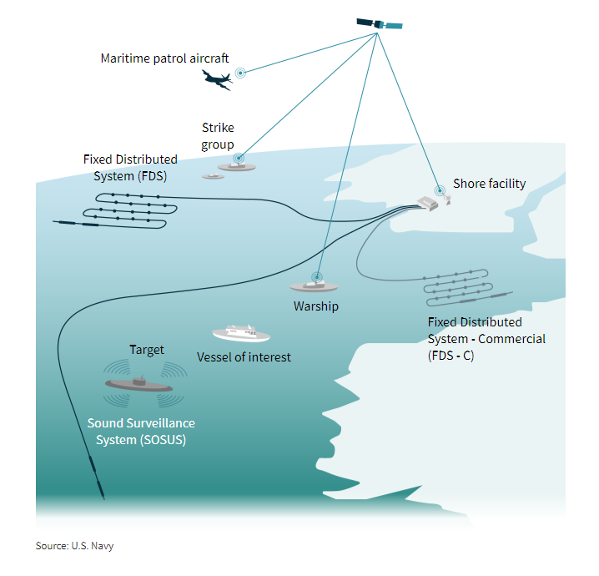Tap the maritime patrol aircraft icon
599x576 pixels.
coord(216,79)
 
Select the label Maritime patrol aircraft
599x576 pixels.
coord(164,58)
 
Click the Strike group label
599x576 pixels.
coord(218,136)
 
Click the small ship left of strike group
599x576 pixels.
coord(212,177)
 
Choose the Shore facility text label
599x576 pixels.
coord(489,184)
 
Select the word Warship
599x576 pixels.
coord(315,306)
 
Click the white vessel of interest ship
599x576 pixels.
coord(241,334)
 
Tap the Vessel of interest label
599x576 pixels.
coord(244,357)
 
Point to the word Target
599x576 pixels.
coord(147,350)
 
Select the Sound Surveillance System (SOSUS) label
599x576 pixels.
coord(141,432)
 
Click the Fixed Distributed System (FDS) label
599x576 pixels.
coord(130,167)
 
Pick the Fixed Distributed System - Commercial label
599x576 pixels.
coord(486,339)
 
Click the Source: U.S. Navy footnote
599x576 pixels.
coord(74,546)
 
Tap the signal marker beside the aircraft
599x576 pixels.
coord(240,73)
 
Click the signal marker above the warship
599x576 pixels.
coord(317,276)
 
